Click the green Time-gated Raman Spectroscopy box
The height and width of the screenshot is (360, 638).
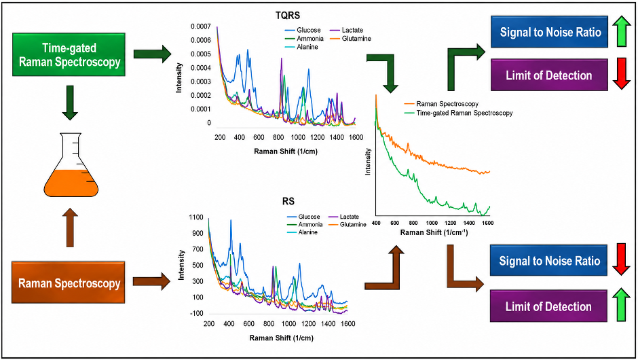(69, 54)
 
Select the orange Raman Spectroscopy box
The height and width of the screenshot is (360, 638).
(69, 283)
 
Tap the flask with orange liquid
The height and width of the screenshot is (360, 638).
(71, 165)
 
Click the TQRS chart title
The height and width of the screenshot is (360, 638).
(288, 16)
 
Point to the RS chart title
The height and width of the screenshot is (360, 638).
(288, 201)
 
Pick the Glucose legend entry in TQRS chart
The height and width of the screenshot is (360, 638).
(303, 30)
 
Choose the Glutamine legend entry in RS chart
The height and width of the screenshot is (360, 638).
(348, 224)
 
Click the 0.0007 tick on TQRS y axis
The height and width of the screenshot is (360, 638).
(201, 26)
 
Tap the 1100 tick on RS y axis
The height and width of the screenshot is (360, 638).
(196, 217)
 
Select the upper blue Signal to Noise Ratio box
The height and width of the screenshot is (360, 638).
(549, 32)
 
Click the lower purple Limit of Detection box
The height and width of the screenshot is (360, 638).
(548, 306)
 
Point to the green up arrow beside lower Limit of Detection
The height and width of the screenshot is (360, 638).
(621, 304)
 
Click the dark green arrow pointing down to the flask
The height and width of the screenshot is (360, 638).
(70, 103)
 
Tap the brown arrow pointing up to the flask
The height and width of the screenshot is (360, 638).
(70, 228)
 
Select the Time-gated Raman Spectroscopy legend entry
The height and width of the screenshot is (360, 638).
(459, 113)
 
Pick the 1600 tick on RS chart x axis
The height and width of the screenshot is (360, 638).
(348, 324)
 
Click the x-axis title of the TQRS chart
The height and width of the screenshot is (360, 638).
(286, 151)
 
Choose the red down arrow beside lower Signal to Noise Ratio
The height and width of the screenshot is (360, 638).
(621, 259)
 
